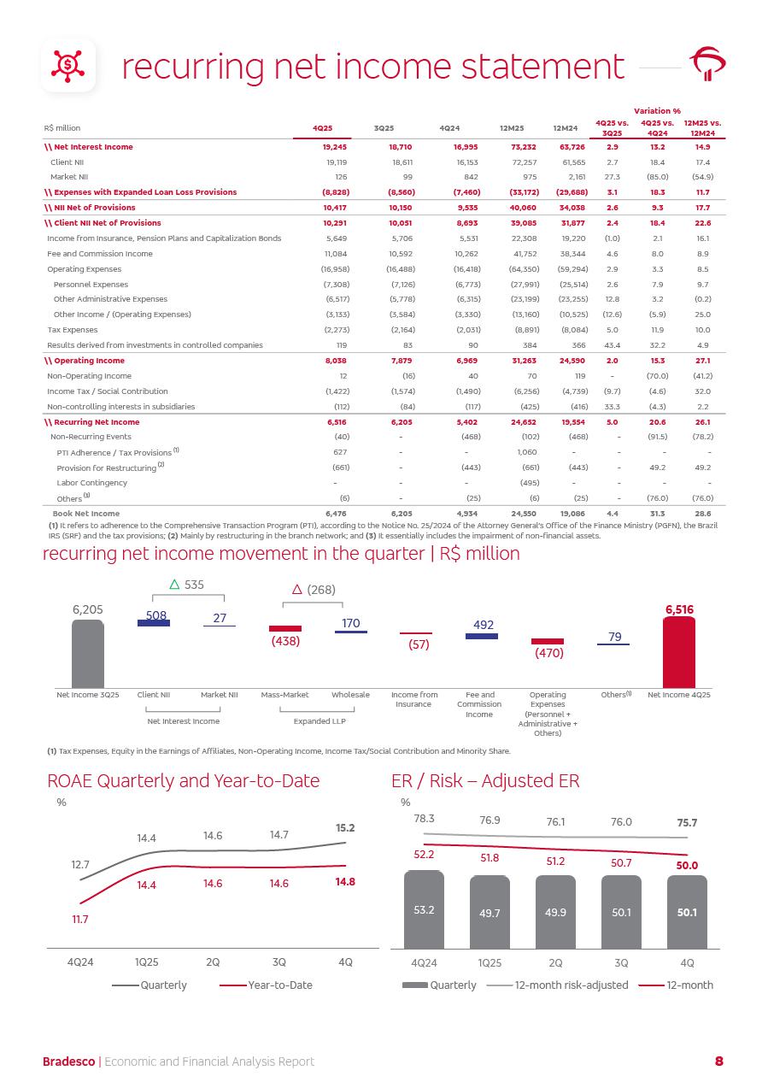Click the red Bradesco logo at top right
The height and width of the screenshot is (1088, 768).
point(707,64)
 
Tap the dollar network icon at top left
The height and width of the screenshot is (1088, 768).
point(68,64)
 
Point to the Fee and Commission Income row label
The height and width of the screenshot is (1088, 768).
point(100,254)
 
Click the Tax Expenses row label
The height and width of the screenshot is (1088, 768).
point(73,330)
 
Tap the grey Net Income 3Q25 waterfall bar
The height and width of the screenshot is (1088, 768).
point(87,654)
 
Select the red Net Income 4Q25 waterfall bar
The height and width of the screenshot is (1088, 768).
point(679,652)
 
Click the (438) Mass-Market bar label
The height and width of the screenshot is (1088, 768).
point(285,641)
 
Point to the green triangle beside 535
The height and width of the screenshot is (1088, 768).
point(174,585)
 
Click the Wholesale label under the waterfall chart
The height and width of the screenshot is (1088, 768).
point(350,695)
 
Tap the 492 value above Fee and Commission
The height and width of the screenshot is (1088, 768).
point(483,625)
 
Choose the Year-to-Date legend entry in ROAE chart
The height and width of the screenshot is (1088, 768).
point(279,985)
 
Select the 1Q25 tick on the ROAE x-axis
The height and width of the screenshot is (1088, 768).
point(146,962)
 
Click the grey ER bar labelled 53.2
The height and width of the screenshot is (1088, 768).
point(424,909)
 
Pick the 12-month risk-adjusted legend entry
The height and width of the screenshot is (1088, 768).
point(571,985)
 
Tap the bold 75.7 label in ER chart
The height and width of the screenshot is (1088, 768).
point(687,823)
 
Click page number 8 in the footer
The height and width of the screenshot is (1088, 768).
point(718,1062)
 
